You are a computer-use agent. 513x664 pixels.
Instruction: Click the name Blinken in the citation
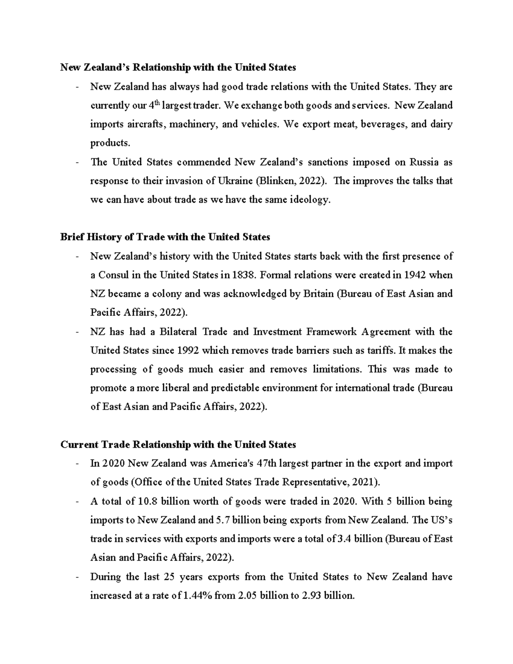(x=274, y=181)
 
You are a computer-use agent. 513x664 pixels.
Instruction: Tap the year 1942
(x=414, y=275)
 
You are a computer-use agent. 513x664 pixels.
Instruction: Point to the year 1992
(x=187, y=351)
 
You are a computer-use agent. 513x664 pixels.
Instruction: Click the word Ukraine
(x=235, y=181)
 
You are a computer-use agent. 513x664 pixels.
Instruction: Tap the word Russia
(x=424, y=162)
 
